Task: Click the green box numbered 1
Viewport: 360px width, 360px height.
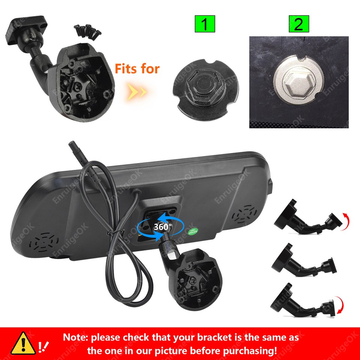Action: click(205, 25)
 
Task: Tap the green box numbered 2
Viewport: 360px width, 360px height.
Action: click(298, 25)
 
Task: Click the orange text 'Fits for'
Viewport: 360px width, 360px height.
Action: click(137, 69)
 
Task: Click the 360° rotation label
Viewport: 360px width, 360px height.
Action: click(162, 226)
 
